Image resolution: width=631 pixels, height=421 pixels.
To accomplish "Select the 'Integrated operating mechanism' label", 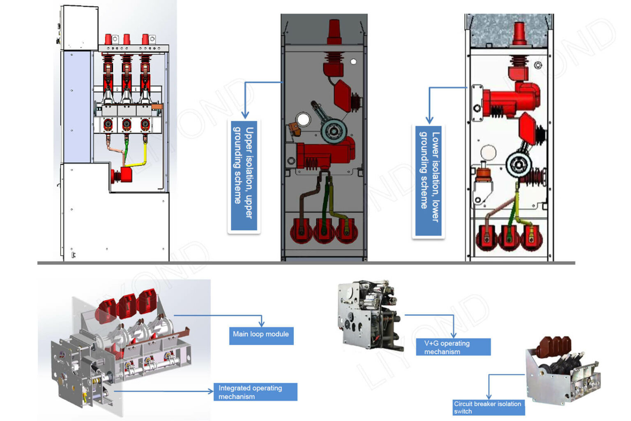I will (255, 392).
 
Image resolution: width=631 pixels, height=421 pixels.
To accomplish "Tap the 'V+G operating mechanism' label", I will (453, 347).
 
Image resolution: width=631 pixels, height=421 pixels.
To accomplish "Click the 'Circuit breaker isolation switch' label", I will (488, 407).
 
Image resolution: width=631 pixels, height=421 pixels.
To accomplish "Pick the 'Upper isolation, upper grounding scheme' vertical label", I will (244, 176).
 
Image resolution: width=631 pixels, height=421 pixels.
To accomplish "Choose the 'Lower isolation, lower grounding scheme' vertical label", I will (428, 181).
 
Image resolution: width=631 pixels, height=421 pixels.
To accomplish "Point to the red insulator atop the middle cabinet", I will (334, 31).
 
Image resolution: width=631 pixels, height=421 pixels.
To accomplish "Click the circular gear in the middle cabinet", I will (334, 131).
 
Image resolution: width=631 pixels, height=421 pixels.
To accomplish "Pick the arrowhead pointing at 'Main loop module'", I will (261, 324).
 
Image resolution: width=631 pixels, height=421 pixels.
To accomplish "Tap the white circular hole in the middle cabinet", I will (303, 120).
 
